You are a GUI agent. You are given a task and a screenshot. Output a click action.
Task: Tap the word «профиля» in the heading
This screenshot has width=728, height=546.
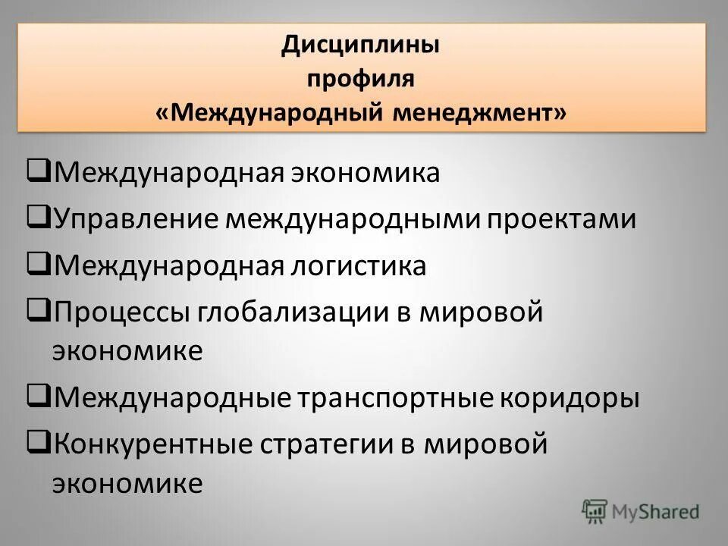click(x=361, y=79)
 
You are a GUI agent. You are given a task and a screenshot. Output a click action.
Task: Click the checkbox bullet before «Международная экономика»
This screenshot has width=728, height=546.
click(x=39, y=172)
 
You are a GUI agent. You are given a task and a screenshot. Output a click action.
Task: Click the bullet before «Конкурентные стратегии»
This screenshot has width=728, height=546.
click(x=39, y=443)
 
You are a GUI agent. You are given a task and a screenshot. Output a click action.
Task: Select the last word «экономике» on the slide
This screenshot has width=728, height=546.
click(x=127, y=483)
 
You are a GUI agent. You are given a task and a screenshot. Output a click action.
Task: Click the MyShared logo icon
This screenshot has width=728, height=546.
click(x=595, y=511)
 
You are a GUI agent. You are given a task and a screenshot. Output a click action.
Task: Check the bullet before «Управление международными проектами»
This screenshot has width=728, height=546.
click(x=39, y=218)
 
